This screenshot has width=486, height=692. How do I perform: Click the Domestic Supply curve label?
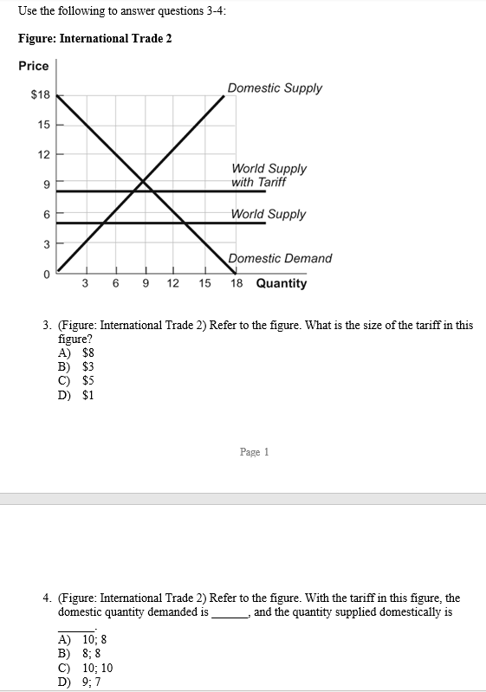[x=275, y=88]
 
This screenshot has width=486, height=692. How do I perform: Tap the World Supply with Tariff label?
[x=269, y=175]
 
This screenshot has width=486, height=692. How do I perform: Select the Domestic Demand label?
[x=281, y=258]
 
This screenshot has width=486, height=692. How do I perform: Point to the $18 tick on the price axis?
[x=41, y=95]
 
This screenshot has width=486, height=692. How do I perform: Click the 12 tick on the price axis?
[x=43, y=154]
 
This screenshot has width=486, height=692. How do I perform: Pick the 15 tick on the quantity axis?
[x=204, y=283]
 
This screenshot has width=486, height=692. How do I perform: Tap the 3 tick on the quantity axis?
[x=85, y=283]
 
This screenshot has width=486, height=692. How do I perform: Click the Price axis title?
[x=34, y=66]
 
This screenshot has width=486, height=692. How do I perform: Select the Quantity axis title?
[x=282, y=283]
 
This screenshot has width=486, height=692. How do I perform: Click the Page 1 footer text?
[x=255, y=452]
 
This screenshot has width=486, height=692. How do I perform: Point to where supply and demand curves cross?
[x=144, y=183]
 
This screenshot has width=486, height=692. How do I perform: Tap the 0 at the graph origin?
[x=47, y=275]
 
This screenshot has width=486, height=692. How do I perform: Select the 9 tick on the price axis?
[x=47, y=184]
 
